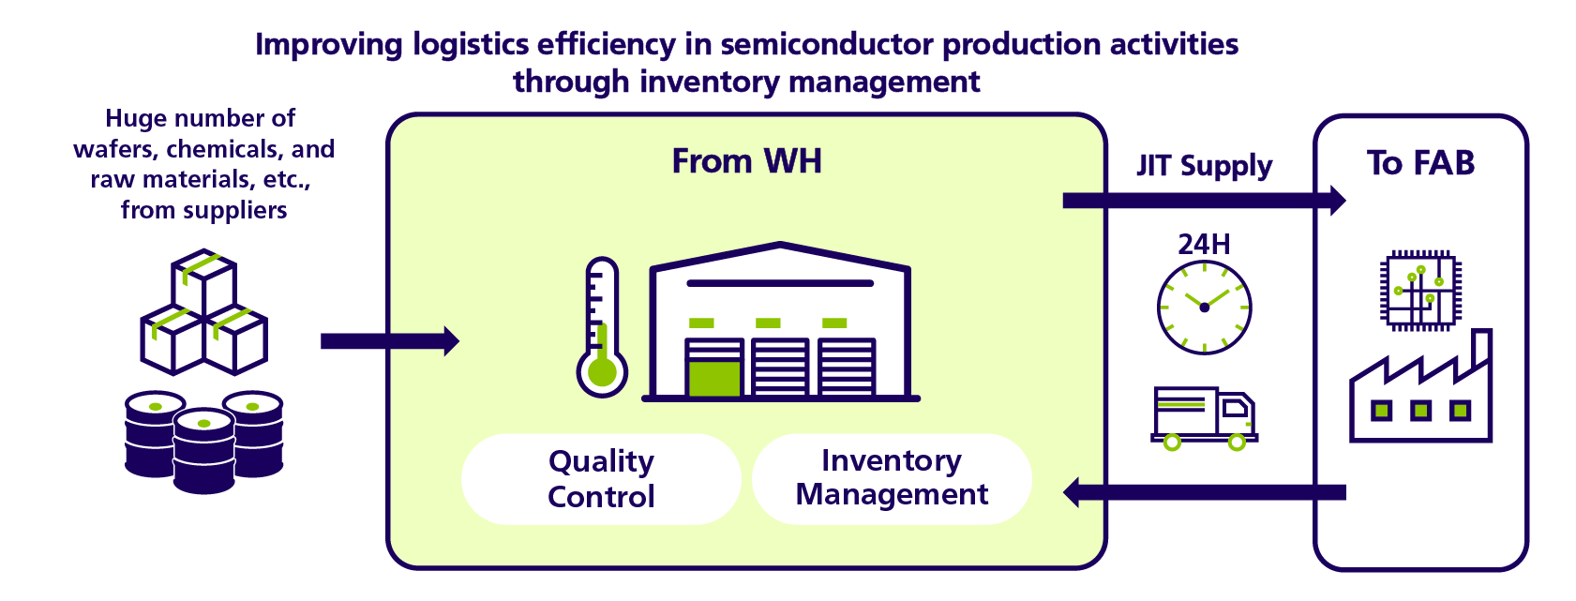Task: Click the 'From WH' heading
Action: (x=746, y=161)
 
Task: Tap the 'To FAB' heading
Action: (x=1420, y=163)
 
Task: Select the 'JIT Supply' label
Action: (x=1205, y=166)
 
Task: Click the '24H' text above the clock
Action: (x=1204, y=244)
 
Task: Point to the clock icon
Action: (x=1204, y=308)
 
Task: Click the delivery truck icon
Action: (x=1204, y=418)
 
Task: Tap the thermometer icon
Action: (x=602, y=327)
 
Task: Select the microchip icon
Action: (x=1420, y=290)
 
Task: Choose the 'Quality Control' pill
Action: (x=601, y=479)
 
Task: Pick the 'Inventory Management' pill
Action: (x=892, y=478)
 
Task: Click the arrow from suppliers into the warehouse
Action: (x=390, y=341)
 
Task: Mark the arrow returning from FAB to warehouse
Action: (x=1204, y=492)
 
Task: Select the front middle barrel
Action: (x=203, y=450)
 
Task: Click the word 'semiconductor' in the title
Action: (x=827, y=44)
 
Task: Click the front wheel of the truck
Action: (x=1237, y=442)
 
